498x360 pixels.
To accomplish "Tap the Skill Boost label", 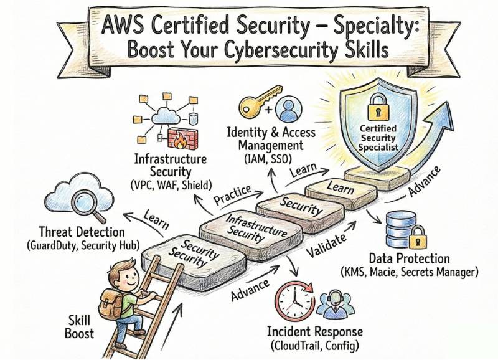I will (79, 326).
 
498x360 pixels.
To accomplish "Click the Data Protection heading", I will (409, 258).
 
